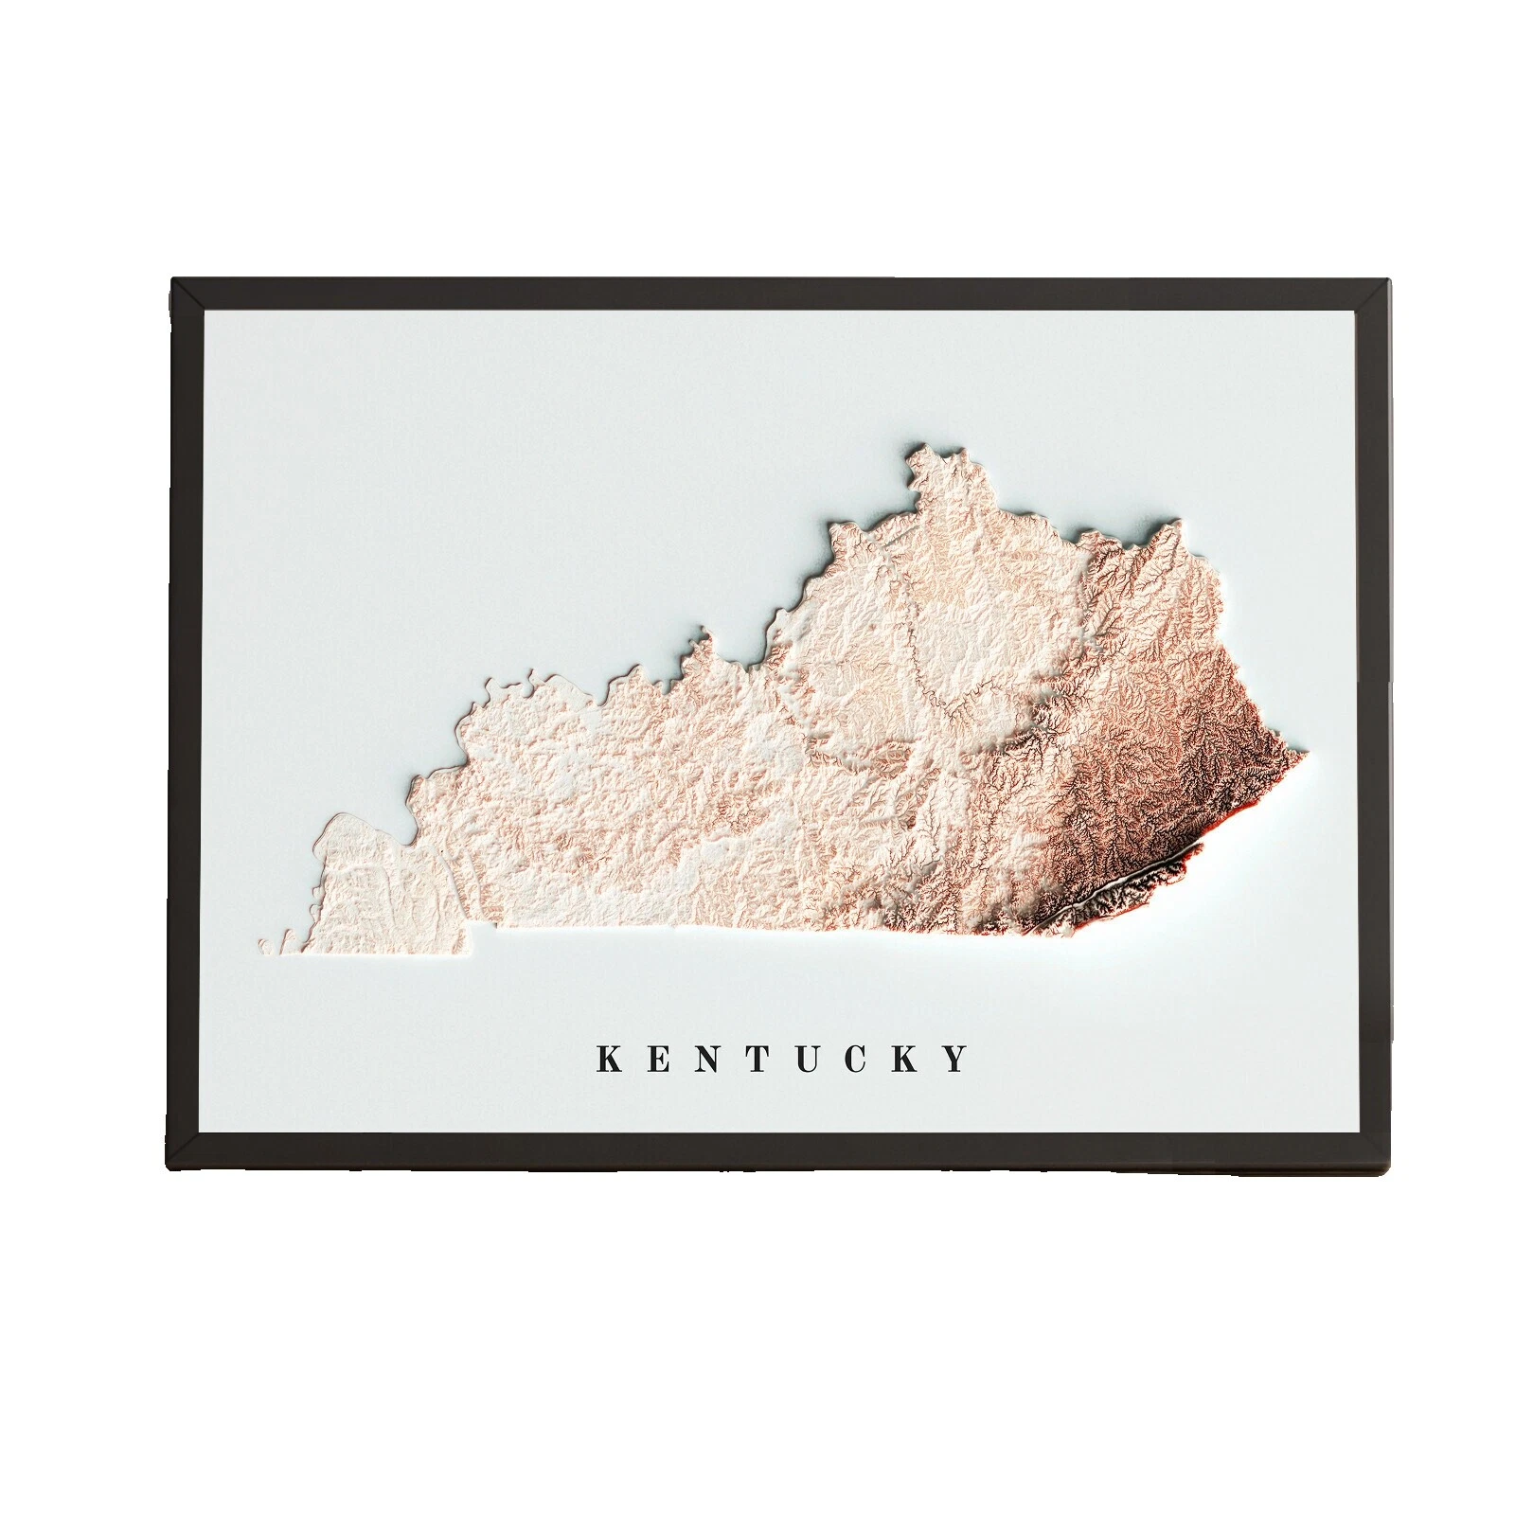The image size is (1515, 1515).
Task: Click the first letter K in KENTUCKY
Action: coord(609,1058)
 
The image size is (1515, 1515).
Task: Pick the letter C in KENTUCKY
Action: coord(857,1058)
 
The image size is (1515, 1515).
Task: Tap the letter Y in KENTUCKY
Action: coord(958,1058)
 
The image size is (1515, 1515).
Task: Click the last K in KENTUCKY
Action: coord(907,1058)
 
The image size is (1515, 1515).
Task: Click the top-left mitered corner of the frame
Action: coord(187,294)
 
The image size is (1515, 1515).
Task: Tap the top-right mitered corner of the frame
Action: coord(1375,294)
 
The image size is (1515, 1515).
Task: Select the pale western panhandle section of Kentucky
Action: coord(379,890)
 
